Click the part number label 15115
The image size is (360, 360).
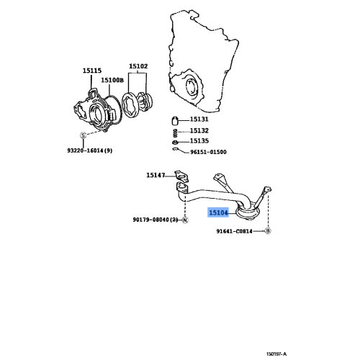click(92, 71)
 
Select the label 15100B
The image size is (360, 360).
click(112, 80)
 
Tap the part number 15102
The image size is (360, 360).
click(138, 66)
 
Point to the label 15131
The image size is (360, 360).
click(199, 120)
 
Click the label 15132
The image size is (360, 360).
click(199, 131)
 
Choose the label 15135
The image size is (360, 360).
click(199, 141)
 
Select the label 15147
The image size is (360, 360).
click(156, 175)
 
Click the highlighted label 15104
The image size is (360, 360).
click(218, 213)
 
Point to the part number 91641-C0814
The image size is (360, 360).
click(235, 231)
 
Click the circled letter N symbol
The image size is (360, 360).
click(185, 220)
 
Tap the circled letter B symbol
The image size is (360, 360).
click(268, 231)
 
